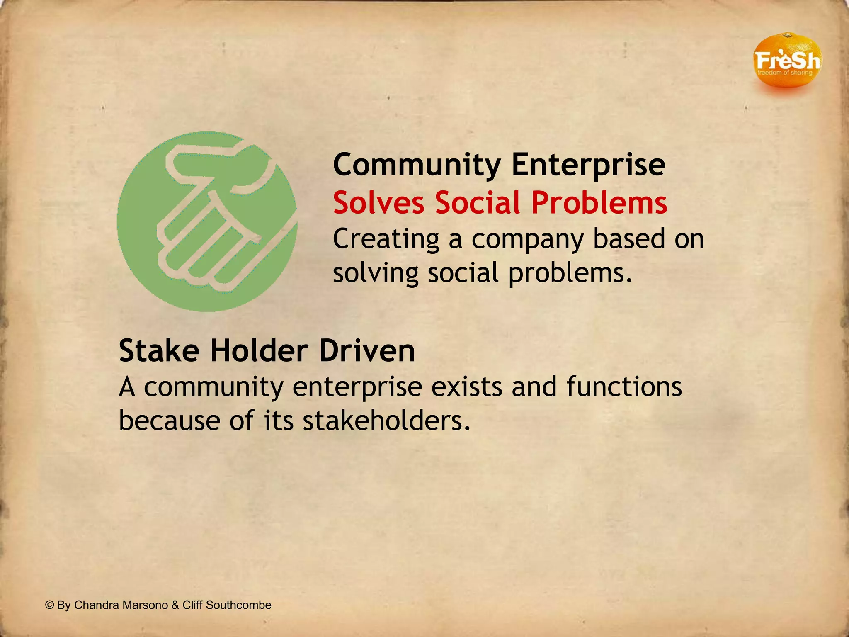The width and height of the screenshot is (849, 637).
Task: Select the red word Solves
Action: (378, 203)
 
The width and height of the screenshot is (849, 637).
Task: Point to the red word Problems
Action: (599, 203)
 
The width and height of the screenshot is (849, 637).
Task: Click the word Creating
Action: (386, 239)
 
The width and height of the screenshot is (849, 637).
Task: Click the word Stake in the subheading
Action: (159, 351)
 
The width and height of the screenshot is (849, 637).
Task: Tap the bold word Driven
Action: (367, 351)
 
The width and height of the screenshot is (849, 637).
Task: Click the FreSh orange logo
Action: (786, 61)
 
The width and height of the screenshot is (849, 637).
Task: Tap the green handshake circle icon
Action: (207, 221)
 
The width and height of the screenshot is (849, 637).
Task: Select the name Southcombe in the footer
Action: (238, 605)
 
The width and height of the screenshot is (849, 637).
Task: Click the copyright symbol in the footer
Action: (50, 605)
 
